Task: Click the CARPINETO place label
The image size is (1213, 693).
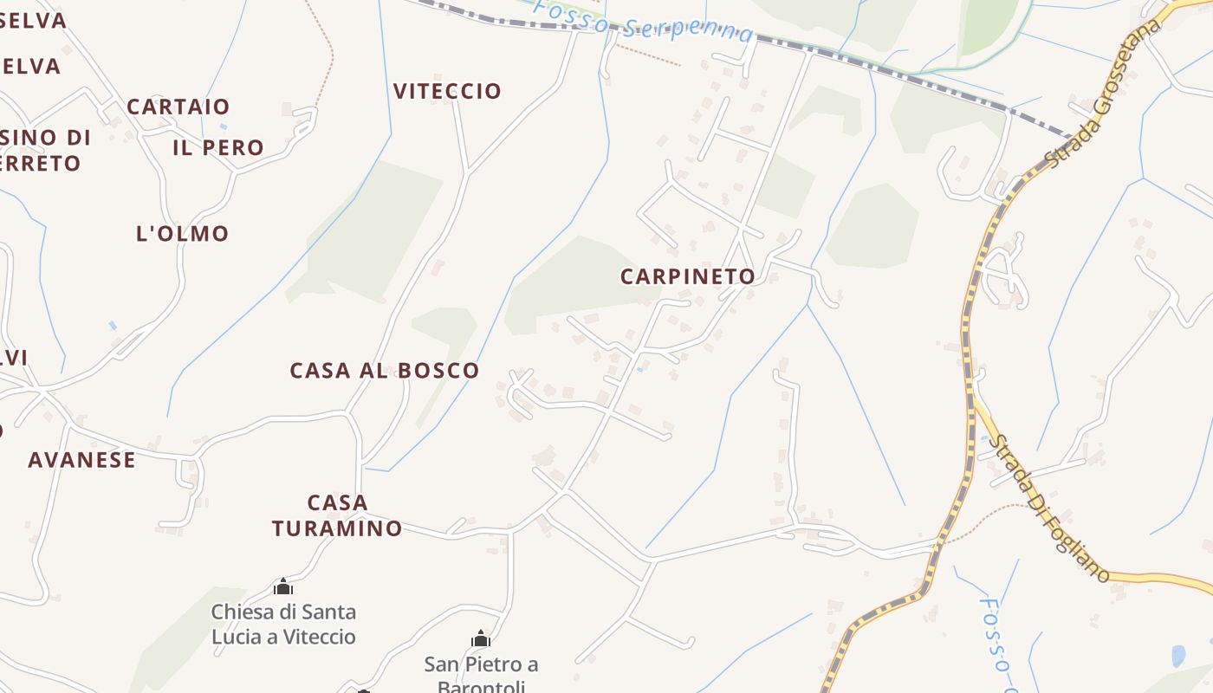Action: [688, 276]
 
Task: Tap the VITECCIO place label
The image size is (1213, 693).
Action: [447, 91]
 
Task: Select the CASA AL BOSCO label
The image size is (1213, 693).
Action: [384, 371]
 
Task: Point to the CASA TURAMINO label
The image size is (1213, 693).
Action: [337, 515]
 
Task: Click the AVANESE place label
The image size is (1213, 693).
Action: [81, 460]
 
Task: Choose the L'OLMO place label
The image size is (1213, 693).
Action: [182, 234]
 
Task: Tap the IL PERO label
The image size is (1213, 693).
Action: [218, 148]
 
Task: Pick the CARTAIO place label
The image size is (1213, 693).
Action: [178, 107]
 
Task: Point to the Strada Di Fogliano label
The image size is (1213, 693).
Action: [1048, 507]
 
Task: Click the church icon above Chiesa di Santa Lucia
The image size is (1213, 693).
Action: [283, 587]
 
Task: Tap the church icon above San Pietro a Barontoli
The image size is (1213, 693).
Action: [481, 639]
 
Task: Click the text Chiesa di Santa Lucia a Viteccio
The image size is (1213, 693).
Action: [283, 625]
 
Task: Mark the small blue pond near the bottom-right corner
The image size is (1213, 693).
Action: [1178, 656]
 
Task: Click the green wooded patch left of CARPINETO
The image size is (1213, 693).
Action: [572, 286]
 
